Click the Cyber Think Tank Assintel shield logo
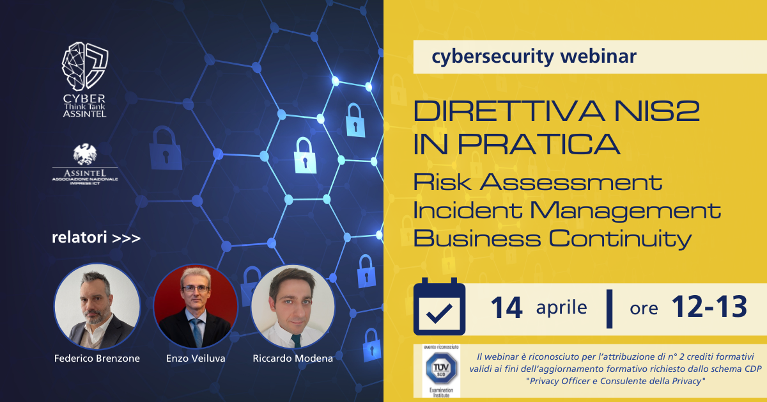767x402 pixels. tap(84, 65)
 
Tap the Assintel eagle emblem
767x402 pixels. tap(84, 154)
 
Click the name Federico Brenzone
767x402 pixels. tap(97, 358)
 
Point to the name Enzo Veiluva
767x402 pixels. tap(196, 358)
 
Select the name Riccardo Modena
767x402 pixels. tap(293, 358)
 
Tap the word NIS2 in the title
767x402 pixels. tap(645, 113)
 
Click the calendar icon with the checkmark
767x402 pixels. tap(439, 308)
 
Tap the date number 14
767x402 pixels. tap(506, 308)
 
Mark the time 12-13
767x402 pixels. tap(709, 308)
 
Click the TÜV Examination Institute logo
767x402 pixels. tap(437, 371)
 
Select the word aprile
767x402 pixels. tap(561, 308)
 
